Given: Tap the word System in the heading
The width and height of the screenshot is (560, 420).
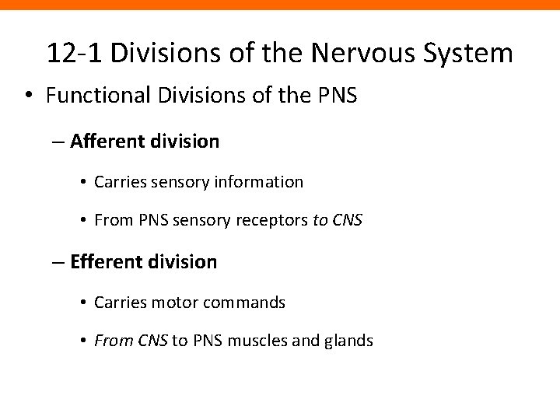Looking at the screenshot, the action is point(472,54).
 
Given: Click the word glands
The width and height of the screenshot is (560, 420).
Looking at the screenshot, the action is point(351,341).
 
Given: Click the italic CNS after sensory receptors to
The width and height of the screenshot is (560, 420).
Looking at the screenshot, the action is point(348,222).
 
